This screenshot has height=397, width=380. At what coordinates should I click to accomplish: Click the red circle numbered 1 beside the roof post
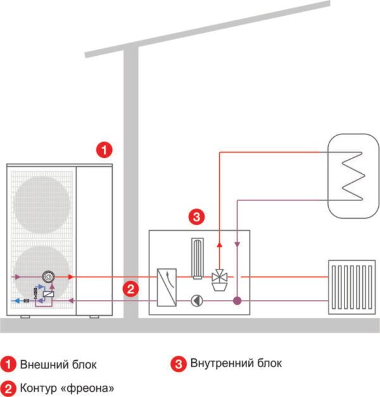pyautogui.click(x=104, y=150)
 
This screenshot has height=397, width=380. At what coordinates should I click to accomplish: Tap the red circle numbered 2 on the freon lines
pyautogui.click(x=130, y=290)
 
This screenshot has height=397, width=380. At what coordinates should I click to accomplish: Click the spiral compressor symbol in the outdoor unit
pyautogui.click(x=48, y=277)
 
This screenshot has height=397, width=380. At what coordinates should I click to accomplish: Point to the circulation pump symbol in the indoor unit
pyautogui.click(x=197, y=299)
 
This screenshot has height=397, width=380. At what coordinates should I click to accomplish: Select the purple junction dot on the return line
pyautogui.click(x=236, y=299)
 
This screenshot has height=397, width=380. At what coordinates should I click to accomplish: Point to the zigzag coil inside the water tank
pyautogui.click(x=351, y=174)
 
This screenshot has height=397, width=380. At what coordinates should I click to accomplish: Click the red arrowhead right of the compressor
pyautogui.click(x=70, y=277)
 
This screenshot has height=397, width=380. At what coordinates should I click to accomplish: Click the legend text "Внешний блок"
pyautogui.click(x=58, y=365)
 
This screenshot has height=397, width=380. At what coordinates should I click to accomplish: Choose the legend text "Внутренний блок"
pyautogui.click(x=236, y=363)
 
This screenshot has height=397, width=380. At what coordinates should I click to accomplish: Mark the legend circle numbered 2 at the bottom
pyautogui.click(x=9, y=387)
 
